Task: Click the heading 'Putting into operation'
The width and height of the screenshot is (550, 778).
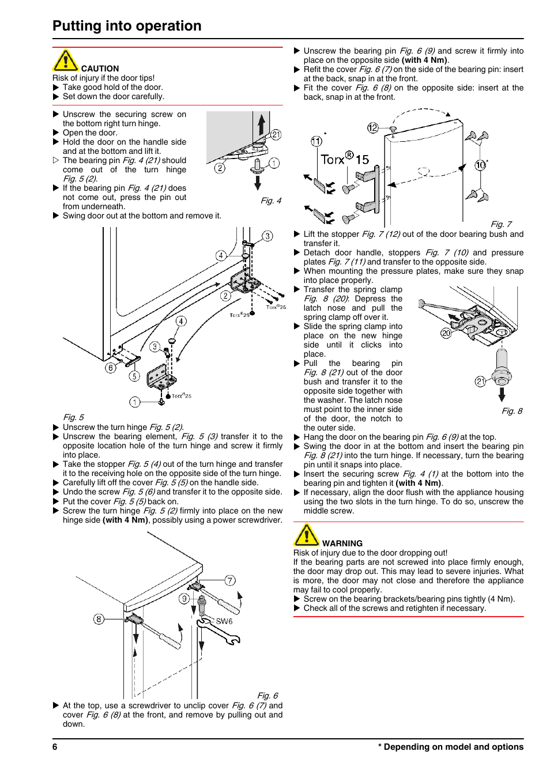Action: click(x=127, y=26)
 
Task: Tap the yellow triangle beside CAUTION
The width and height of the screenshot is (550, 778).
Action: click(x=66, y=61)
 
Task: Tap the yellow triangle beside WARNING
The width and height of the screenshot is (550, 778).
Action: click(x=307, y=535)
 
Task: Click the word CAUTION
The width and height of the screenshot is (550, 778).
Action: click(x=100, y=69)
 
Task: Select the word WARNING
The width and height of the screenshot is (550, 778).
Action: click(x=342, y=543)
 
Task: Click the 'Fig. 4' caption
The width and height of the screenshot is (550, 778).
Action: click(x=271, y=201)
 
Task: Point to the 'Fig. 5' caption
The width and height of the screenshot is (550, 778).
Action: click(x=73, y=417)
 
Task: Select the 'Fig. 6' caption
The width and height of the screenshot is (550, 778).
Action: click(x=268, y=696)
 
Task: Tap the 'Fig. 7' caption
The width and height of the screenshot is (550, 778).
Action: click(x=501, y=224)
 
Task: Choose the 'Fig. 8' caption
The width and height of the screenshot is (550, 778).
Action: click(x=512, y=411)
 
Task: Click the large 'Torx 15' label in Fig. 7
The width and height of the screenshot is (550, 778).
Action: click(x=344, y=158)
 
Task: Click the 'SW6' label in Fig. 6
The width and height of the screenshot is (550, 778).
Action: click(x=224, y=621)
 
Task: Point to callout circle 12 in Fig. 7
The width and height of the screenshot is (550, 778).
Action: click(x=373, y=128)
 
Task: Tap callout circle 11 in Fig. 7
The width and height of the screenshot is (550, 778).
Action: click(x=317, y=141)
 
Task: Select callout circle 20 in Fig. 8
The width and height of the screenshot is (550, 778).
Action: click(x=446, y=333)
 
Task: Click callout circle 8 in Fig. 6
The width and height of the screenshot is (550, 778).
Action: click(x=99, y=619)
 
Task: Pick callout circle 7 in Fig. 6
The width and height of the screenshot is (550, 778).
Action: click(x=230, y=580)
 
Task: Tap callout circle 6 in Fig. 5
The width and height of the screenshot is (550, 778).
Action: click(x=111, y=368)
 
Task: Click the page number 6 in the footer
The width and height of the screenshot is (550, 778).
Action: click(x=55, y=747)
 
